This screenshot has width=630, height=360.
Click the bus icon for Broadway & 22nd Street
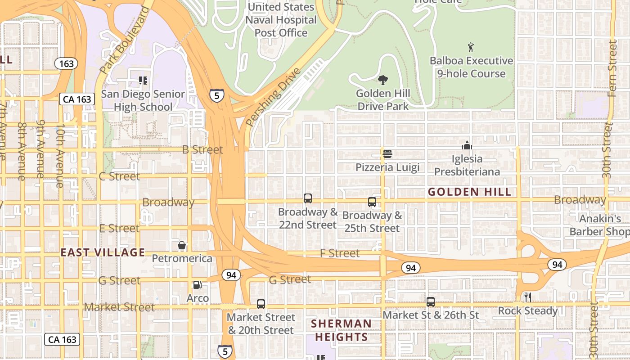[308, 198]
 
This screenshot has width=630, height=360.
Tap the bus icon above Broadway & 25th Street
[372, 202]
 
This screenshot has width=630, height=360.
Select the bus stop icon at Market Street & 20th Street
[261, 304]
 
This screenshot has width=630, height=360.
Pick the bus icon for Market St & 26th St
[431, 302]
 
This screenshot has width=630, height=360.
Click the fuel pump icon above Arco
[197, 285]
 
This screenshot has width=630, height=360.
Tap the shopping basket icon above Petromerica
[182, 245]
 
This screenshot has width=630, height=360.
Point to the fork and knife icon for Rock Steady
[528, 297]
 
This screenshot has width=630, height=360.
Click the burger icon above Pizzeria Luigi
[387, 154]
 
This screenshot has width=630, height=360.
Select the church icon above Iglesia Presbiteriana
[467, 145]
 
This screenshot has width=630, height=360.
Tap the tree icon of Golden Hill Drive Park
[383, 81]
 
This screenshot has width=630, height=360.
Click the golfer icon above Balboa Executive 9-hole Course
[471, 47]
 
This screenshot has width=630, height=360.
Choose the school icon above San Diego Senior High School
[143, 81]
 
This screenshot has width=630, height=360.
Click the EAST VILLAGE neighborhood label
[103, 252]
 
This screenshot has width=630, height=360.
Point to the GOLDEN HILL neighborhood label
[470, 192]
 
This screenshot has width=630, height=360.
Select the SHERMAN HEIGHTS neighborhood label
[342, 330]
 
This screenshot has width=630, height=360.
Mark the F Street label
[340, 253]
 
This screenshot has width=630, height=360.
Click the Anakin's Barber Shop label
[599, 225]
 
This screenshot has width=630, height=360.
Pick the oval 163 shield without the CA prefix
[66, 63]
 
